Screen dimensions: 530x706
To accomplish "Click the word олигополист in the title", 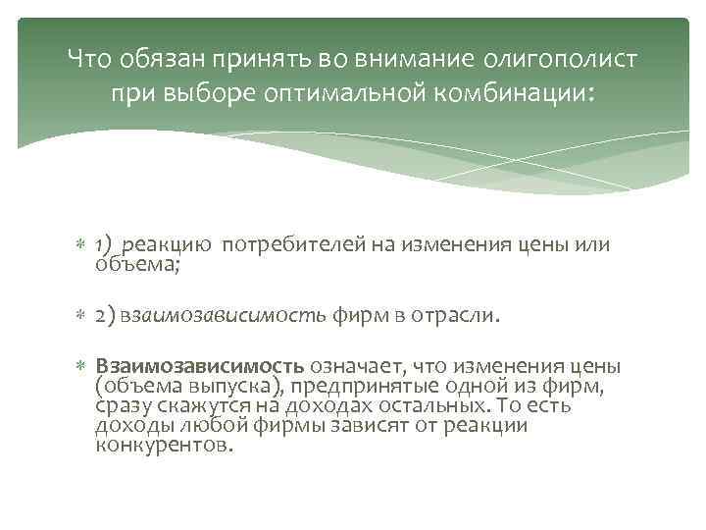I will (561, 59).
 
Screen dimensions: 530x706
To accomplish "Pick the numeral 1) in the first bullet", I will (105, 243).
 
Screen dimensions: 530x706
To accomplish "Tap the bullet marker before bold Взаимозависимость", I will (83, 366).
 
